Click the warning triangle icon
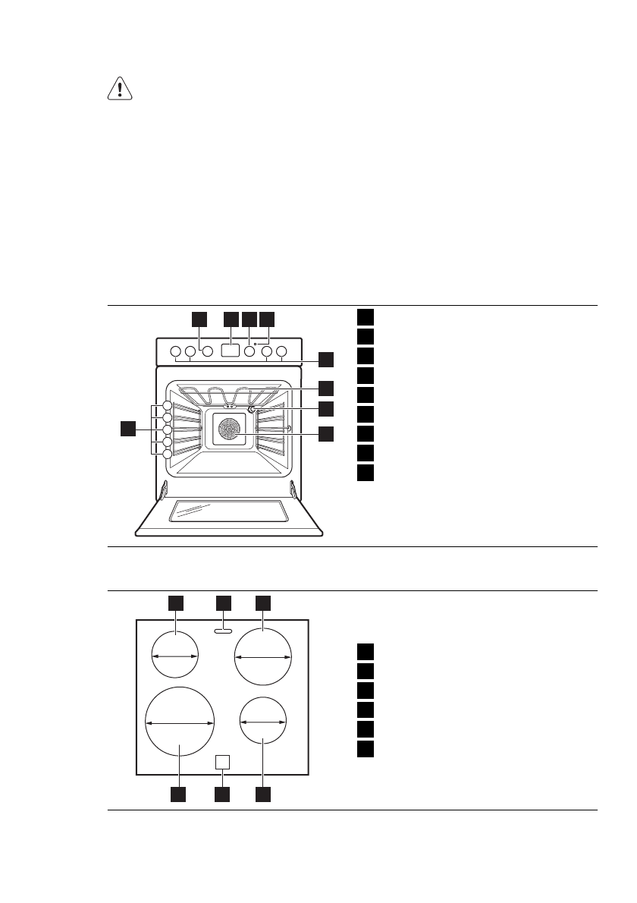[119, 90]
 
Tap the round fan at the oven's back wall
[228, 430]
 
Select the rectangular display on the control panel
[231, 351]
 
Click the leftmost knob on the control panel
[175, 352]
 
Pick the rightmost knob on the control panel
[282, 352]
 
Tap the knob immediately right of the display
[249, 352]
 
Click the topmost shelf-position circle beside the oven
[167, 405]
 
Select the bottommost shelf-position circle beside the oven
[167, 454]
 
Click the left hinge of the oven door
[163, 491]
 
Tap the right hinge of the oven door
[293, 491]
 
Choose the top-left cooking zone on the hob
[174, 654]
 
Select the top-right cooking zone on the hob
[263, 657]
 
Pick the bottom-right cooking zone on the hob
[262, 722]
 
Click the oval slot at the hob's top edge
[222, 629]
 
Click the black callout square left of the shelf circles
[129, 429]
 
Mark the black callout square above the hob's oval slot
[223, 603]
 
